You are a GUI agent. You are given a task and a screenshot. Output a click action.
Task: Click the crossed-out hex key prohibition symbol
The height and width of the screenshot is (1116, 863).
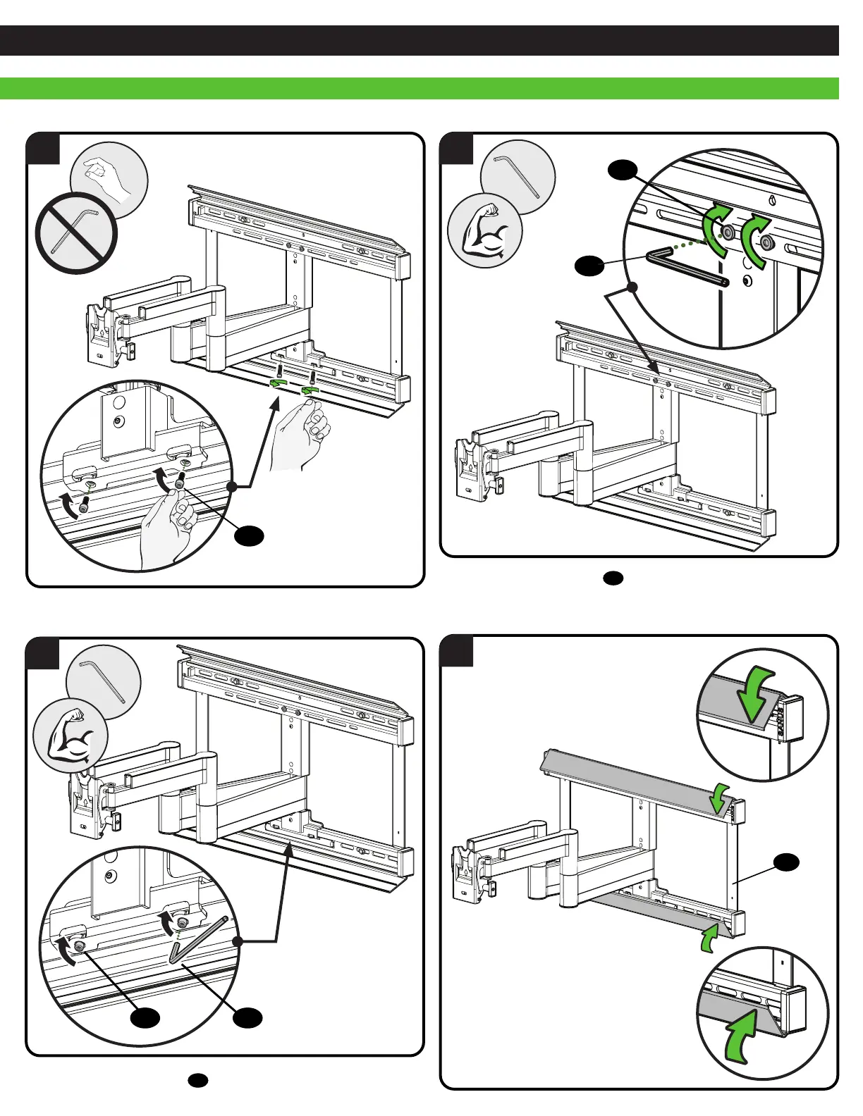point(75,232)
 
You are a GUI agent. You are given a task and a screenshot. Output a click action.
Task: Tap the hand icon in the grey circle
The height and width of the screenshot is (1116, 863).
point(109,179)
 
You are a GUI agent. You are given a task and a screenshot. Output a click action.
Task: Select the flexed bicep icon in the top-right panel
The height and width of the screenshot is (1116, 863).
point(485,231)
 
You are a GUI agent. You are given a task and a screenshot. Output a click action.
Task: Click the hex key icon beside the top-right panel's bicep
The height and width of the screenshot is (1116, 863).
point(518,176)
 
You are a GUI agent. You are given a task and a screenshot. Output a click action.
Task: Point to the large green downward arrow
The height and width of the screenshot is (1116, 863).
point(756,695)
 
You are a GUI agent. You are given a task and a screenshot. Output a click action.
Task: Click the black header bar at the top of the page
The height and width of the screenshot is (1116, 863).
point(419,40)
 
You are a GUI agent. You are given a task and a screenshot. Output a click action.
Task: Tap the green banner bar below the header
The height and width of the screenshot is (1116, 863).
point(419,88)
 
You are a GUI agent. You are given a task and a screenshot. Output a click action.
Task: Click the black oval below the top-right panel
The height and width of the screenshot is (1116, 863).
point(613,578)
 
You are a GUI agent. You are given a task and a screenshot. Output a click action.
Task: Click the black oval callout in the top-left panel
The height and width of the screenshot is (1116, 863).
point(250,535)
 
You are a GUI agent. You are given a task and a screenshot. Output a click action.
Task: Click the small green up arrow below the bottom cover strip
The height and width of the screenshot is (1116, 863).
point(709,938)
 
